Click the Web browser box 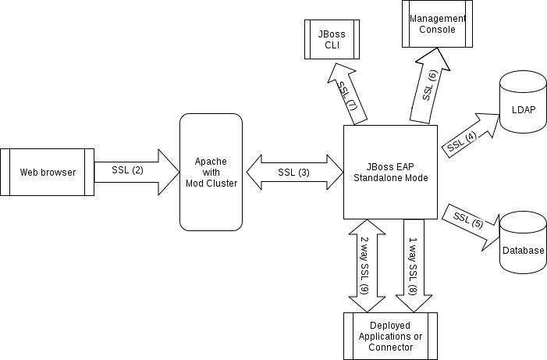(x=48, y=172)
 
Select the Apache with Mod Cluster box (x=211, y=172)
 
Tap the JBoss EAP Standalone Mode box (x=390, y=172)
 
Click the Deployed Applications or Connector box (x=390, y=336)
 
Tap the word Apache (x=211, y=161)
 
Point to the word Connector (x=390, y=347)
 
